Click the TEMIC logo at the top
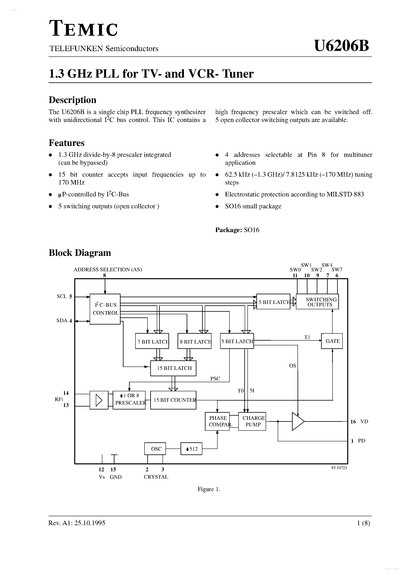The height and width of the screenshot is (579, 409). [83, 29]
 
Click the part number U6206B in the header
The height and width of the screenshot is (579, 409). [341, 46]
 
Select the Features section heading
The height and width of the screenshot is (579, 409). [67, 143]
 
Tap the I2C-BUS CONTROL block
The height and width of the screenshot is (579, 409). [105, 309]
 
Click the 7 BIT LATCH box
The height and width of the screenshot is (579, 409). [152, 341]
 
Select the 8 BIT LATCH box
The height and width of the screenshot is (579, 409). [194, 341]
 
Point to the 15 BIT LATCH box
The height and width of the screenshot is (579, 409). [173, 368]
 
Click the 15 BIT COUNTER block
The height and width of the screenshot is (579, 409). [173, 400]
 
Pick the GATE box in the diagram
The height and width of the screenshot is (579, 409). [332, 341]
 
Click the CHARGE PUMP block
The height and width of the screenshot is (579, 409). [252, 421]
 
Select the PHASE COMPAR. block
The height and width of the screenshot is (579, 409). [217, 421]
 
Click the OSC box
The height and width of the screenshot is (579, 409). [155, 449]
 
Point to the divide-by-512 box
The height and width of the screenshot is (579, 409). [191, 449]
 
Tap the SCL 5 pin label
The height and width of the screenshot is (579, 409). [64, 297]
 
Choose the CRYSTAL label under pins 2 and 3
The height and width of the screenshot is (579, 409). [156, 477]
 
